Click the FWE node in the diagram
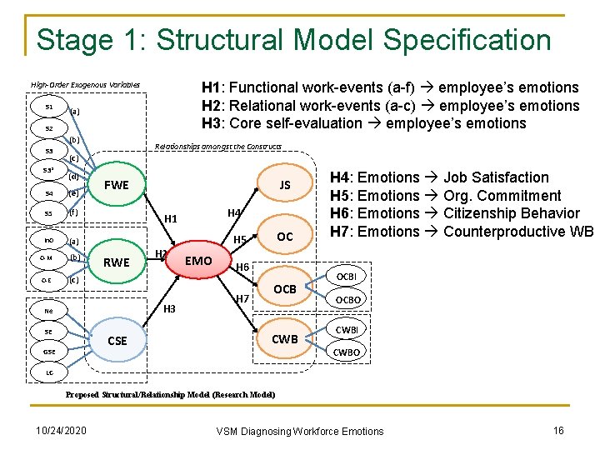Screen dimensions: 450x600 (117, 185)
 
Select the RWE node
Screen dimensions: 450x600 (116, 262)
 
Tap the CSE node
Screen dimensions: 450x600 (117, 340)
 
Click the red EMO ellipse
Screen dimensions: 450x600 (198, 261)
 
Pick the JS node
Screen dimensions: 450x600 (284, 185)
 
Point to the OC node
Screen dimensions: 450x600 (285, 237)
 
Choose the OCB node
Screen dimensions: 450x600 (285, 288)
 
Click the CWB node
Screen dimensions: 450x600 (285, 339)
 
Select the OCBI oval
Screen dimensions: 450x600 (346, 276)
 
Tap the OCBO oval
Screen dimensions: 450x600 (347, 301)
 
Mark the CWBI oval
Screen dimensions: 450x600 (347, 330)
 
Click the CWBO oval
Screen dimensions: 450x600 (347, 352)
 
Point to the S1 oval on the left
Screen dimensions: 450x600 (50, 107)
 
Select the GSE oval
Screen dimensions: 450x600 (50, 352)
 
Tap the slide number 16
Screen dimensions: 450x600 (558, 430)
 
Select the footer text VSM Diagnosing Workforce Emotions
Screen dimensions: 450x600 (300, 431)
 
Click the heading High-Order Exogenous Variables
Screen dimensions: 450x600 (85, 85)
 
